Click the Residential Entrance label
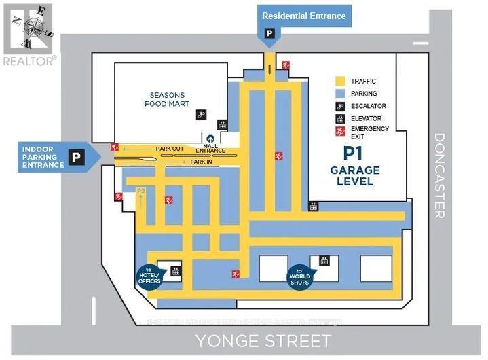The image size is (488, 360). pos(303,16)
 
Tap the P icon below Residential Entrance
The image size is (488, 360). pos(269,33)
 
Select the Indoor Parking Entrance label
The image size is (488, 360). pos(43,158)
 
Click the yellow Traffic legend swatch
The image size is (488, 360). pos(340,81)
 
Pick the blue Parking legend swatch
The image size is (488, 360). pos(340,93)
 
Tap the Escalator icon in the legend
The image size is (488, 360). pos(340,105)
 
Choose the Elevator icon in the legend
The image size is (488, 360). pos(340,118)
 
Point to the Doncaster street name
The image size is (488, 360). pos(438,175)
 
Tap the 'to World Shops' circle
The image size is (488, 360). pos(299,275)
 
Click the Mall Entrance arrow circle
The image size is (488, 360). pos(210,140)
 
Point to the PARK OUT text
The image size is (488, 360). pos(170,148)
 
